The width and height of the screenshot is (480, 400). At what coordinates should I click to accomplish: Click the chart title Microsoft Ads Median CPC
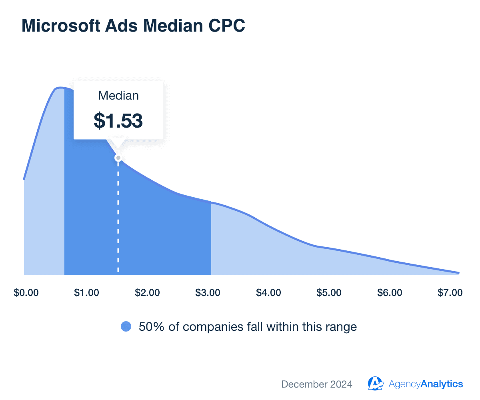(x=133, y=26)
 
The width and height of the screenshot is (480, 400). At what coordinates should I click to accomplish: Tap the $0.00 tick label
(x=26, y=293)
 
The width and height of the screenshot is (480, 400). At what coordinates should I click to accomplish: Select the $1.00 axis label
(x=86, y=293)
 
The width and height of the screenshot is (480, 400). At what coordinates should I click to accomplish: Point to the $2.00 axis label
(x=147, y=293)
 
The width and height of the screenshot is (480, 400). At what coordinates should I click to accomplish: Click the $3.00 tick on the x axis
(x=208, y=293)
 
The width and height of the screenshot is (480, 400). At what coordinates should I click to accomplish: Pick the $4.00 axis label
(x=268, y=293)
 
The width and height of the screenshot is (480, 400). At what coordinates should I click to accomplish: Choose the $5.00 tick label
(x=329, y=293)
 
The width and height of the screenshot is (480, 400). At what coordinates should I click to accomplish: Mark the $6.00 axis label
(x=390, y=293)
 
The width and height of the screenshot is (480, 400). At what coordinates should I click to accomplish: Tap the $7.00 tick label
(x=450, y=293)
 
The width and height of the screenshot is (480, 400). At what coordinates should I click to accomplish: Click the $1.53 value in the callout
(x=118, y=120)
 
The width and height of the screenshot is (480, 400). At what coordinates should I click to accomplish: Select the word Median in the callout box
(x=118, y=96)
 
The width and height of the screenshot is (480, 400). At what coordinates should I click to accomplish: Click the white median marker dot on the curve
(x=118, y=158)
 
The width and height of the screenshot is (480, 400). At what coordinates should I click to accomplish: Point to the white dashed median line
(x=118, y=216)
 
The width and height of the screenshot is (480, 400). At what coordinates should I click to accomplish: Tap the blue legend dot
(x=126, y=327)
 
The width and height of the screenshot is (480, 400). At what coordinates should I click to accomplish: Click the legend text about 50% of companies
(x=248, y=327)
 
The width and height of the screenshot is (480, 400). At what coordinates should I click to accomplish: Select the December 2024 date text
(x=317, y=384)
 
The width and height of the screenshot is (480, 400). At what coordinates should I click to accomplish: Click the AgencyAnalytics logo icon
(x=376, y=384)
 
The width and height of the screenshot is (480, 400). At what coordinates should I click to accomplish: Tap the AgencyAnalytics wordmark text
(x=426, y=384)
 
